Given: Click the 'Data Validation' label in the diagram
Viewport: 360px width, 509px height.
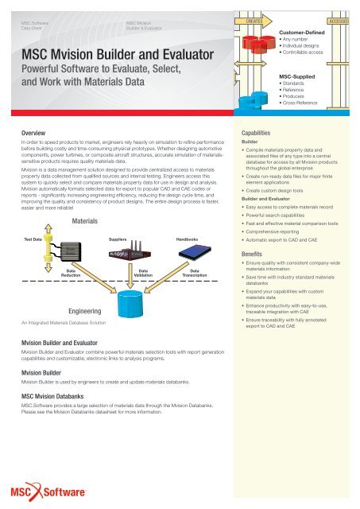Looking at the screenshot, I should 143,274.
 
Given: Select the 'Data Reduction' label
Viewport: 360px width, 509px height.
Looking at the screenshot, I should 71,274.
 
